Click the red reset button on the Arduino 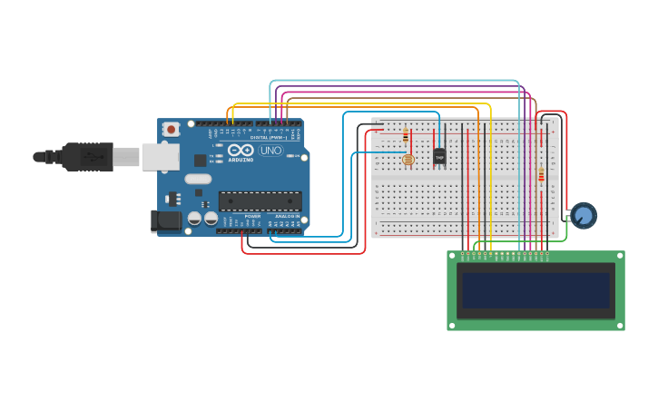(171, 130)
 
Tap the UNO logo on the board (270, 151)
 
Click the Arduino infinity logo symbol (241, 150)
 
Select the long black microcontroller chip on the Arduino (260, 201)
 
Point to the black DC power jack (164, 220)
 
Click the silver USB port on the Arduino (161, 156)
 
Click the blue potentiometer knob (584, 215)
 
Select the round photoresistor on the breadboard (408, 160)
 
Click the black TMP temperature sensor (439, 156)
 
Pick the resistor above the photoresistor (405, 136)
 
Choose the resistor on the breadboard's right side (541, 174)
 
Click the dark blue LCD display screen (535, 290)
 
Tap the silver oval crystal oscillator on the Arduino (198, 179)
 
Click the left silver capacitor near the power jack (194, 219)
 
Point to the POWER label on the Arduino (253, 217)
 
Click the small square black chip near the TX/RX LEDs (200, 161)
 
